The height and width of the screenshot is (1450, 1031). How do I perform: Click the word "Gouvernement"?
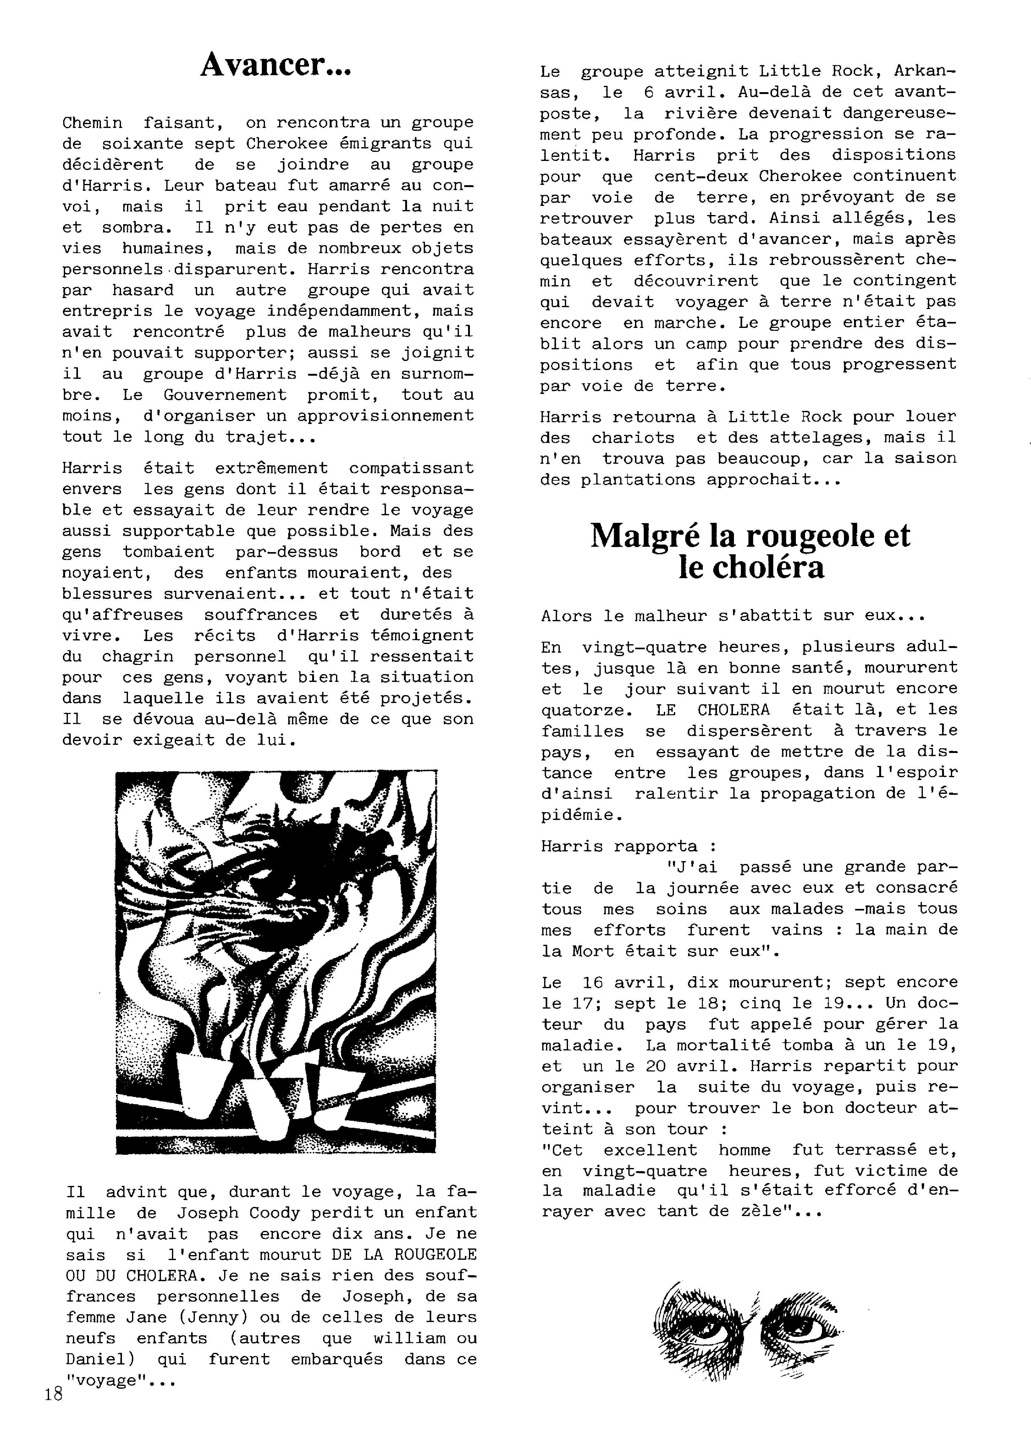[x=225, y=395]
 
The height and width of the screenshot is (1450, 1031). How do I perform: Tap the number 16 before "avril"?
[x=592, y=982]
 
